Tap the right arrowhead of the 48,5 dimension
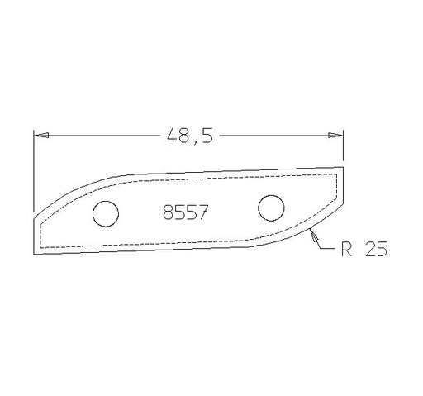tap(336, 135)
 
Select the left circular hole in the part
tap(105, 213)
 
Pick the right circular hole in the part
tap(270, 208)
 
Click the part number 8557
tap(184, 212)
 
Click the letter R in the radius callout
tap(345, 248)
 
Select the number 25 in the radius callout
tap(374, 248)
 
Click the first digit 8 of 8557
tap(168, 212)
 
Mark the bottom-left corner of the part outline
tap(34, 253)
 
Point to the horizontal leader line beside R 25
tap(326, 247)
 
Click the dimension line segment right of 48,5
tap(273, 135)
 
